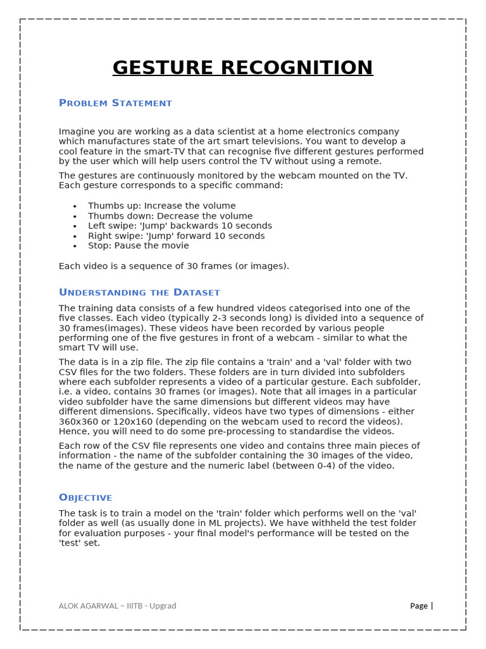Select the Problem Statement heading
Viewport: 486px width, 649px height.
click(x=115, y=103)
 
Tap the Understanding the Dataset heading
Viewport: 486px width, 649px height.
click(x=139, y=292)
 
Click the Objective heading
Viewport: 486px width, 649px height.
click(x=85, y=498)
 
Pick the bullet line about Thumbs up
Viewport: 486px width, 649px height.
click(x=161, y=206)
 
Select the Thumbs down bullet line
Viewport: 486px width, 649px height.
click(x=170, y=216)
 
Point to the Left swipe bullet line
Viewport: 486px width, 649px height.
click(x=180, y=226)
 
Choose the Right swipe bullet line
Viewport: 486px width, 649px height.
click(x=176, y=236)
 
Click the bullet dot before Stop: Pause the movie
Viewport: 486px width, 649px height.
click(x=75, y=246)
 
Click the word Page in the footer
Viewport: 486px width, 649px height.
click(x=418, y=606)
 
